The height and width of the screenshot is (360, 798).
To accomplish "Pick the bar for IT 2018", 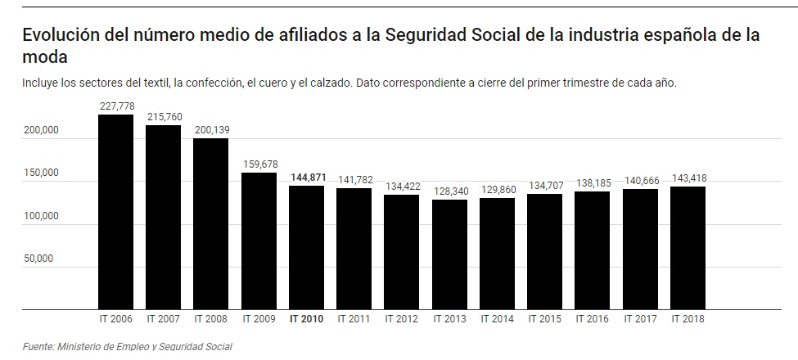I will click(x=688, y=247).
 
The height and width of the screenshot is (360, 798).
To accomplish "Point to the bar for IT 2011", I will click(x=354, y=249).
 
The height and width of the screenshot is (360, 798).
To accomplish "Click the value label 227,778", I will click(x=117, y=106).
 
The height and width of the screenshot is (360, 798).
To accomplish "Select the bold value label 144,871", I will click(x=307, y=177).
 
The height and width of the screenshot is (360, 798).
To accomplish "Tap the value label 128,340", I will click(x=449, y=191).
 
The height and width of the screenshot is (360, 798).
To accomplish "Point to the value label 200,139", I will click(x=212, y=129).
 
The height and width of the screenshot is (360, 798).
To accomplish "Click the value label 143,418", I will click(x=688, y=178).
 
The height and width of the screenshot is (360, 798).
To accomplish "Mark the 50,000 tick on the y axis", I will click(x=39, y=259).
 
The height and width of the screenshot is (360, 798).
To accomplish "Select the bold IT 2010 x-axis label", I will click(x=307, y=319).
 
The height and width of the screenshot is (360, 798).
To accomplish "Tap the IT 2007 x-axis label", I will click(x=164, y=319).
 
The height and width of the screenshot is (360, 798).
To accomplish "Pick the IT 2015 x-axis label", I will click(x=545, y=319).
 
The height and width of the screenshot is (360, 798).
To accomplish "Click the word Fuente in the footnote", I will click(x=38, y=347).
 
